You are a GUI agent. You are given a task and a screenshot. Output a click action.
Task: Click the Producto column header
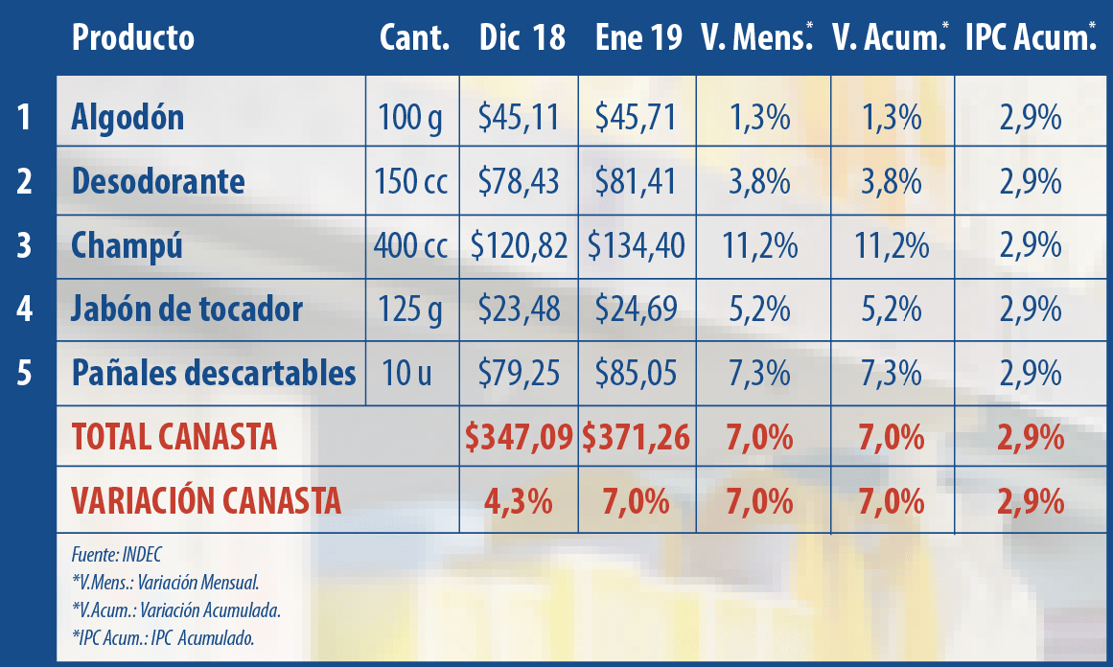click(132, 38)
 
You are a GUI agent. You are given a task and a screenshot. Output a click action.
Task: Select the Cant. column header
click(414, 38)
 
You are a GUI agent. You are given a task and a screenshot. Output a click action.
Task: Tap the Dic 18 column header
click(522, 38)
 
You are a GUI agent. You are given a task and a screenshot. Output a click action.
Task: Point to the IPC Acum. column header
click(1030, 38)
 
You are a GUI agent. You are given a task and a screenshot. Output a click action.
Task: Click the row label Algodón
click(128, 118)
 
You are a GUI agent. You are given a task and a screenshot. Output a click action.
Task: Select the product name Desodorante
click(158, 181)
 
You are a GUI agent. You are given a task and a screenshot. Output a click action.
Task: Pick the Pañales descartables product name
click(214, 373)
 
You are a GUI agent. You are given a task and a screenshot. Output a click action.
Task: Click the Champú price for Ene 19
click(637, 246)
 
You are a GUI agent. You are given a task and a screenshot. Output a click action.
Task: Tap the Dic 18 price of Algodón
click(519, 118)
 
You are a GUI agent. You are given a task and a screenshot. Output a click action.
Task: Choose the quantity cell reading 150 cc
click(413, 181)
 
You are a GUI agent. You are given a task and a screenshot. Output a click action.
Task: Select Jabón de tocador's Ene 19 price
click(637, 310)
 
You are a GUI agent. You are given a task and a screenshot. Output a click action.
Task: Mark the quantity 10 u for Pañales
click(413, 373)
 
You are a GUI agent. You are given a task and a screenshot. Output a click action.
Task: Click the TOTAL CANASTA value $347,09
click(519, 438)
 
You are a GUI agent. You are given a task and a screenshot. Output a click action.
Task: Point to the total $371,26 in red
click(637, 438)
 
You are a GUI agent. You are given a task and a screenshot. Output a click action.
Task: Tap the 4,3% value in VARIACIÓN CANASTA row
click(519, 501)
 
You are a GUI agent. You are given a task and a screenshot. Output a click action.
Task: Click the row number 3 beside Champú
click(25, 246)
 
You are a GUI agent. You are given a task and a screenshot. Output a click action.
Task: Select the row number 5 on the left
click(25, 373)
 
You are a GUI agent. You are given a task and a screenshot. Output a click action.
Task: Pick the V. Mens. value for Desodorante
click(759, 181)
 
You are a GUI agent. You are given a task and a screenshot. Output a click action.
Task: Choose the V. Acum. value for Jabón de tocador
click(892, 310)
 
